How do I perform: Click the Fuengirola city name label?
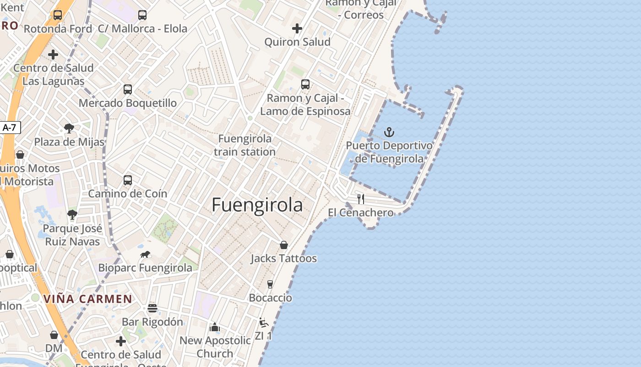coord(257,205)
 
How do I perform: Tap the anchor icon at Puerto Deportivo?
coord(389,132)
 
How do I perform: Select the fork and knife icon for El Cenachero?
coord(361,199)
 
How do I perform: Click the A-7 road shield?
coord(10,128)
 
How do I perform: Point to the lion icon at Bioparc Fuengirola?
coord(145,254)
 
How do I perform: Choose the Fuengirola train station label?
coord(244,145)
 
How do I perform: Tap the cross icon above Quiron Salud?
coord(297,28)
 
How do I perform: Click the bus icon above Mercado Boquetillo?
coord(128,89)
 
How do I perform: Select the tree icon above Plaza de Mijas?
coord(69,128)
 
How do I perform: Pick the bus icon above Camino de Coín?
coord(128,180)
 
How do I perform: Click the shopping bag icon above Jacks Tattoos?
coord(284,245)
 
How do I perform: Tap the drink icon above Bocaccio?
coord(270,284)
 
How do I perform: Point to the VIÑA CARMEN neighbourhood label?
coord(88,299)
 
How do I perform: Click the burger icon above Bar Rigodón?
coord(152,308)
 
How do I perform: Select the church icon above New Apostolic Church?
coord(215,327)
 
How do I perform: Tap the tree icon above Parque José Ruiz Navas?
coord(72,214)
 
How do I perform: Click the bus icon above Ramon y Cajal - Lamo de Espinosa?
coord(305,84)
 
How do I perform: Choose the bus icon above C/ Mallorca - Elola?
coord(142,15)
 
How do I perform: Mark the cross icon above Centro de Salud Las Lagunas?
coord(53,55)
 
